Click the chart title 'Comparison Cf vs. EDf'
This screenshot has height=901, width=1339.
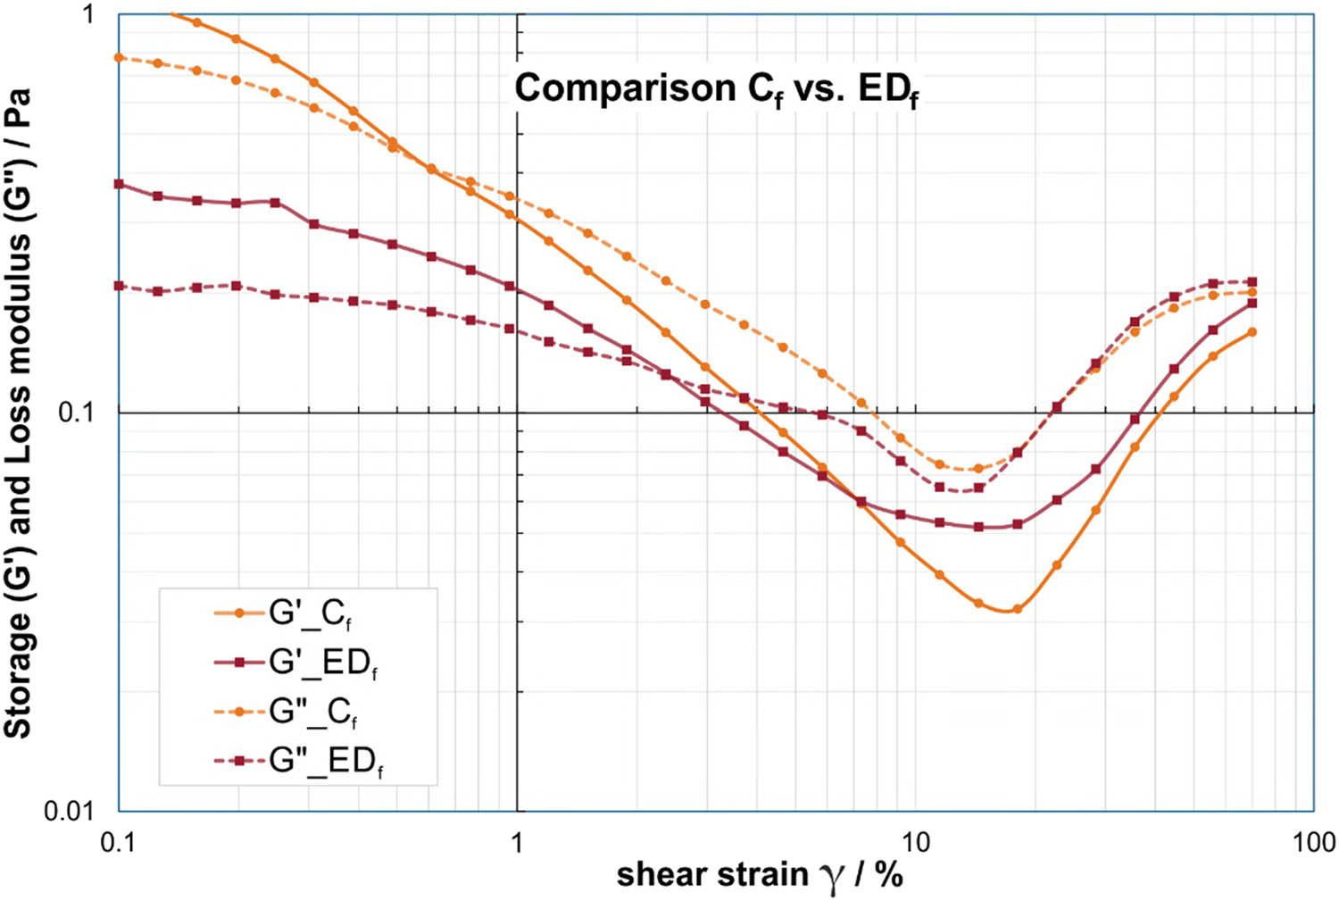(x=716, y=89)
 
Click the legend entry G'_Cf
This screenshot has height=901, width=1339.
(x=310, y=613)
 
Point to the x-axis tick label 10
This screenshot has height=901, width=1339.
(x=914, y=842)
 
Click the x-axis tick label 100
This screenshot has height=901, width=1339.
(x=1313, y=842)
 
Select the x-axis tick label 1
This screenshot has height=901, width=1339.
(x=517, y=842)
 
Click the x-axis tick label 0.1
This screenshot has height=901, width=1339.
(x=119, y=842)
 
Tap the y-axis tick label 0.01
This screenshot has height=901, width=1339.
(x=69, y=810)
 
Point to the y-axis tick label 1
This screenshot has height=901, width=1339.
(x=87, y=15)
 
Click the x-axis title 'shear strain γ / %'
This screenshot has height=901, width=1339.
(x=759, y=875)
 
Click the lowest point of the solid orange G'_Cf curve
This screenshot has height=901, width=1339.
(x=1017, y=609)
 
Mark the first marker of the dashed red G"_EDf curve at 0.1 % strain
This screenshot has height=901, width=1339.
(x=119, y=286)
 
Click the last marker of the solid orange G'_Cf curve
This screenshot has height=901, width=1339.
(x=1252, y=332)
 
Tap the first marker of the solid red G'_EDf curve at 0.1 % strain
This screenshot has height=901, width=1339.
(x=119, y=184)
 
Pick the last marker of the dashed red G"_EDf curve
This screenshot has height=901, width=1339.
(x=1252, y=282)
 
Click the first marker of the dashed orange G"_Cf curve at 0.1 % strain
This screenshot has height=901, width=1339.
(x=119, y=57)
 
